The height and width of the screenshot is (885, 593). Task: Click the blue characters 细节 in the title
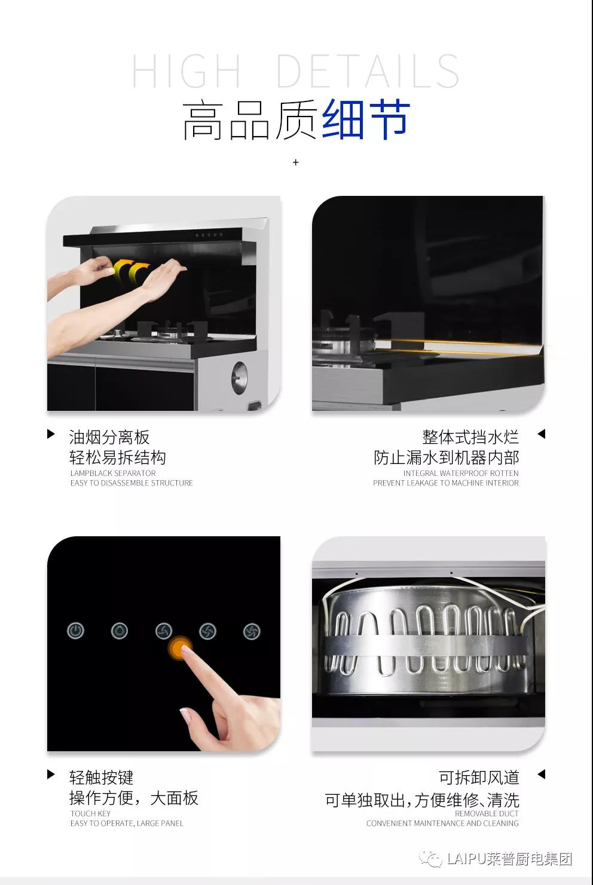pyautogui.click(x=366, y=119)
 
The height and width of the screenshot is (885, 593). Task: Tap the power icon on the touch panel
pyautogui.click(x=75, y=631)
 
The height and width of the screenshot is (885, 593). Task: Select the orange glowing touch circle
pyautogui.click(x=180, y=648)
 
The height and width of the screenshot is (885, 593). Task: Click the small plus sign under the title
pyautogui.click(x=295, y=162)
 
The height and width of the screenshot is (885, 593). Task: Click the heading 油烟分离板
pyautogui.click(x=109, y=437)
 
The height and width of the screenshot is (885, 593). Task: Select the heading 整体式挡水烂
pyautogui.click(x=470, y=437)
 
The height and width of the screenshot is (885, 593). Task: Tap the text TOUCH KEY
pyautogui.click(x=90, y=813)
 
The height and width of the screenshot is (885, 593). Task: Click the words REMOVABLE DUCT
pyautogui.click(x=487, y=813)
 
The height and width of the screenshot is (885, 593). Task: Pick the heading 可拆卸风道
pyautogui.click(x=479, y=778)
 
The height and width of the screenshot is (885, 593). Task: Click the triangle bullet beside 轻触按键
pyautogui.click(x=51, y=775)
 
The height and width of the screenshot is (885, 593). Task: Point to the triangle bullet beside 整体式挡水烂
pyautogui.click(x=542, y=434)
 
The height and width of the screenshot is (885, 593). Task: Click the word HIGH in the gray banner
pyautogui.click(x=186, y=71)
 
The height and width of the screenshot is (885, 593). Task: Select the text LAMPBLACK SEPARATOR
pyautogui.click(x=113, y=473)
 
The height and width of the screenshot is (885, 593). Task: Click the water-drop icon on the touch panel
pyautogui.click(x=119, y=631)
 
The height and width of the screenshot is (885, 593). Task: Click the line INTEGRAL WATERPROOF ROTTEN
pyautogui.click(x=461, y=473)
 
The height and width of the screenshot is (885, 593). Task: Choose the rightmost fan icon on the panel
pyautogui.click(x=252, y=631)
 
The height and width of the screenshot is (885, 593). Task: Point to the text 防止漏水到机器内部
pyautogui.click(x=446, y=457)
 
